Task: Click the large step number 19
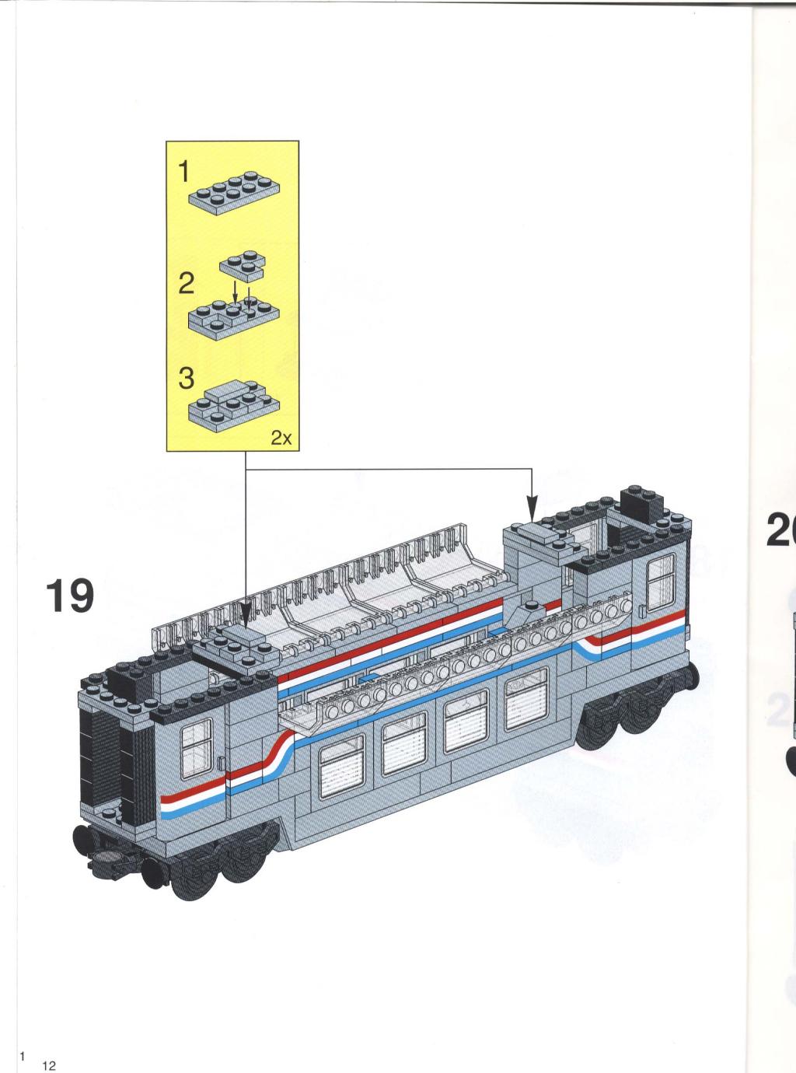click(70, 596)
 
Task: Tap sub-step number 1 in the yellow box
click(183, 172)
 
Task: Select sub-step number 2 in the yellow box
click(187, 284)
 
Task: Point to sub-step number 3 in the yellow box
click(187, 378)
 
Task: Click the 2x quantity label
click(281, 439)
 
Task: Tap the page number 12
click(49, 1062)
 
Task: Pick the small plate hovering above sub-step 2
click(243, 267)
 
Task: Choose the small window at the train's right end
click(661, 582)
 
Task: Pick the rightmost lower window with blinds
click(526, 698)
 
